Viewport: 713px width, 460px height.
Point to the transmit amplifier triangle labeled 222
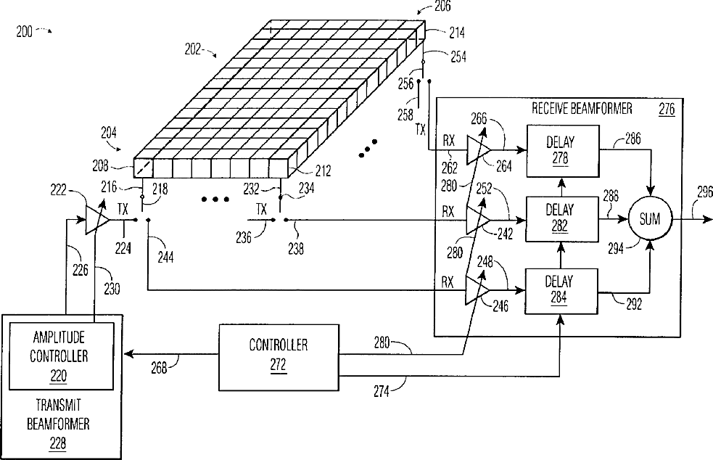point(97,220)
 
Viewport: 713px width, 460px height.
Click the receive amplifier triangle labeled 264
point(479,150)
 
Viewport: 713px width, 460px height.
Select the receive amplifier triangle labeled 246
point(477,290)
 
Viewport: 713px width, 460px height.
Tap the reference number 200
point(24,32)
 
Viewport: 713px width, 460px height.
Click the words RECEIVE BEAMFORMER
point(582,108)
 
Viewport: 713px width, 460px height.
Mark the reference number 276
point(667,110)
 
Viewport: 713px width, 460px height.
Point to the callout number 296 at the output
point(705,192)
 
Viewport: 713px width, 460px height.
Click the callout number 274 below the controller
point(382,391)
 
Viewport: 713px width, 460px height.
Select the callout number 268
point(159,368)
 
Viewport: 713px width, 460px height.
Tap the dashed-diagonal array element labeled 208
point(142,168)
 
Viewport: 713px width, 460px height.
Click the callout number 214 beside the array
point(457,33)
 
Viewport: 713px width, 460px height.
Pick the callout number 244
point(165,257)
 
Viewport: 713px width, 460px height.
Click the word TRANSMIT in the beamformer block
point(58,405)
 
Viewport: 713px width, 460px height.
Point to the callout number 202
point(192,49)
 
